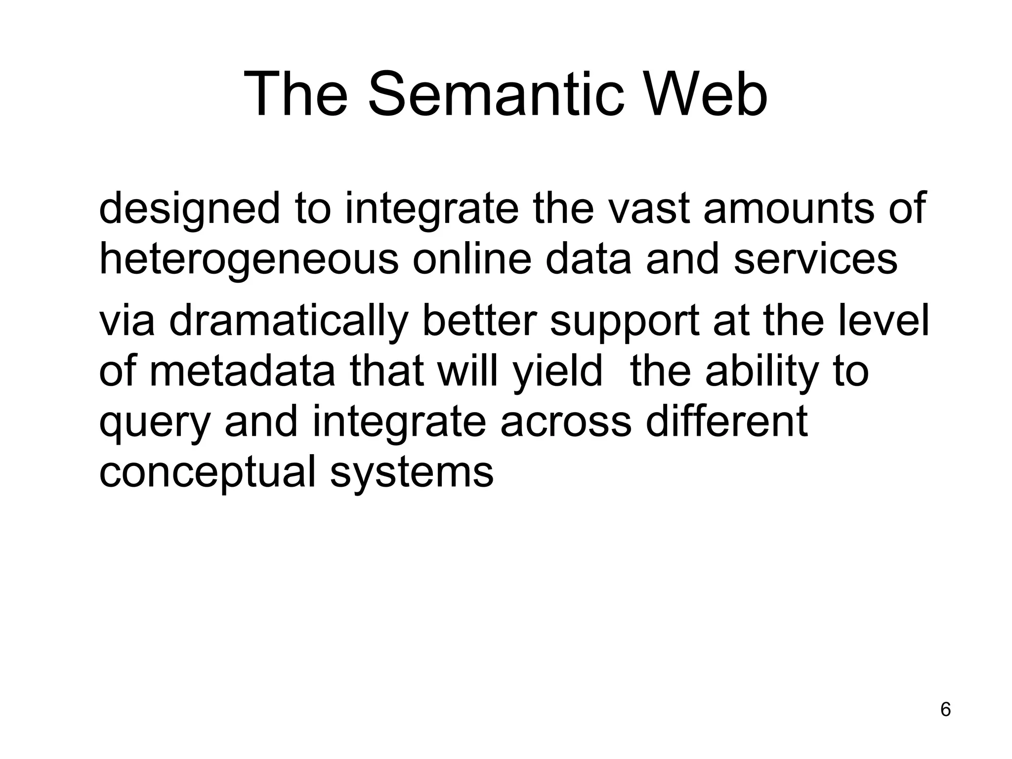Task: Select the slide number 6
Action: (x=945, y=710)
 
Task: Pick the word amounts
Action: (x=789, y=209)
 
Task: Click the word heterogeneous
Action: (x=249, y=260)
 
